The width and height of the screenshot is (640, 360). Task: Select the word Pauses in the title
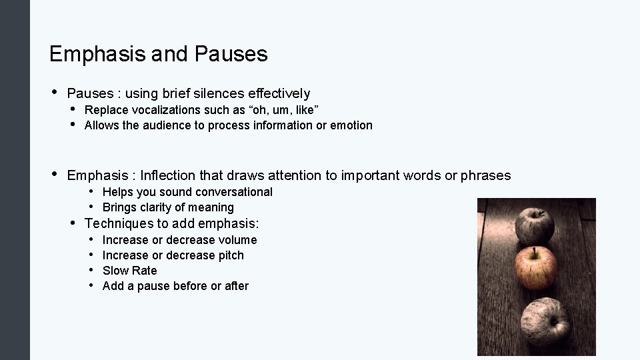point(231,54)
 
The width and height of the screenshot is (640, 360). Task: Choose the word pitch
point(231,255)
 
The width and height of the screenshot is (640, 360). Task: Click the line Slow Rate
point(130,271)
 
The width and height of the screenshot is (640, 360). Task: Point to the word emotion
point(351,125)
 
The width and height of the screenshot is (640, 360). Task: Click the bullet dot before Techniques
point(74,222)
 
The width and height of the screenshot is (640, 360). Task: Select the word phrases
point(486,175)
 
